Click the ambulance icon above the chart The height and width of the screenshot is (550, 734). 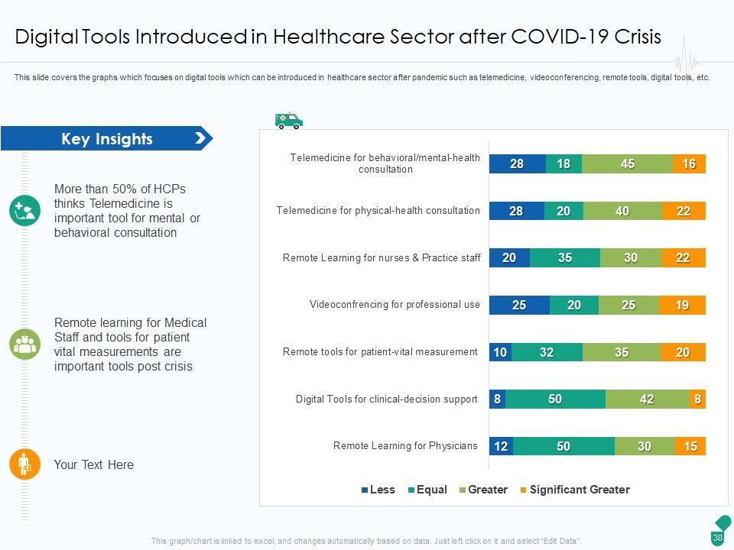(x=289, y=121)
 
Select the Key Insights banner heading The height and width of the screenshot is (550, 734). (x=107, y=139)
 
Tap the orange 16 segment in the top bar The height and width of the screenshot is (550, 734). (x=689, y=163)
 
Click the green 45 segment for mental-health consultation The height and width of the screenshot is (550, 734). (x=627, y=163)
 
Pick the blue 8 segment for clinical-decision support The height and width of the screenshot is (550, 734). (x=497, y=399)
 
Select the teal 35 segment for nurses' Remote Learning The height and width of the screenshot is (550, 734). (x=564, y=258)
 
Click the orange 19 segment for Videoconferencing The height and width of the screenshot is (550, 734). (x=682, y=306)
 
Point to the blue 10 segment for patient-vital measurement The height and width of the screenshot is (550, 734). (x=500, y=352)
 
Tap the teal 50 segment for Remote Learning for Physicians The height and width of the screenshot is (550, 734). (x=563, y=446)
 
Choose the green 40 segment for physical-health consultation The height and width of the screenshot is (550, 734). (x=622, y=212)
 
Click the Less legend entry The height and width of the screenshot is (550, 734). (x=378, y=490)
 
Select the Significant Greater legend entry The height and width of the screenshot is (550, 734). (x=574, y=490)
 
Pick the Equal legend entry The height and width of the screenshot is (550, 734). (x=427, y=490)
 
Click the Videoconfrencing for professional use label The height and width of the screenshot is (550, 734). (x=395, y=305)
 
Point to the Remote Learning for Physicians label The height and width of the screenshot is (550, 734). (x=405, y=446)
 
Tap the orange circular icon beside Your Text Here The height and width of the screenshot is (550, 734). (x=24, y=464)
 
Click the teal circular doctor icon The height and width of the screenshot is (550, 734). (x=24, y=210)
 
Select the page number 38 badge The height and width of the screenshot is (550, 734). (x=718, y=538)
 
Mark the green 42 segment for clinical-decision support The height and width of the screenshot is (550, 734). (x=647, y=399)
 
